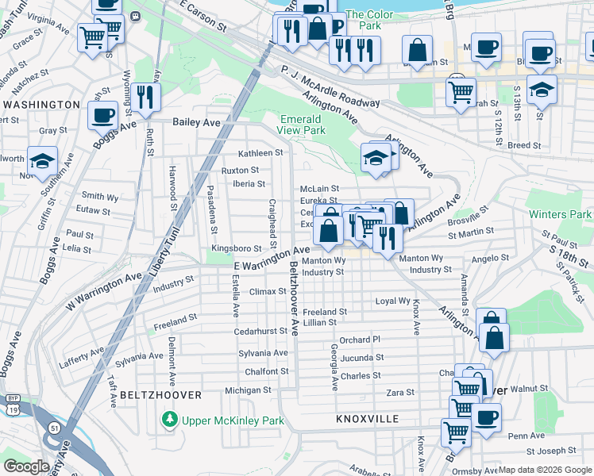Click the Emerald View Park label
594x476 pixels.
303,125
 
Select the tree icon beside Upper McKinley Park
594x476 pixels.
168,419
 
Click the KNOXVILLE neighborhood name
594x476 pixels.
366,418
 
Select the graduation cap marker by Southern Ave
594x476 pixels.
42,160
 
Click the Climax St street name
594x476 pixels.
268,291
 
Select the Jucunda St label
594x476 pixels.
361,358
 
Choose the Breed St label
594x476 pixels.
524,146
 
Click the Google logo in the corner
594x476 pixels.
26,466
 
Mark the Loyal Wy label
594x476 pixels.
392,301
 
